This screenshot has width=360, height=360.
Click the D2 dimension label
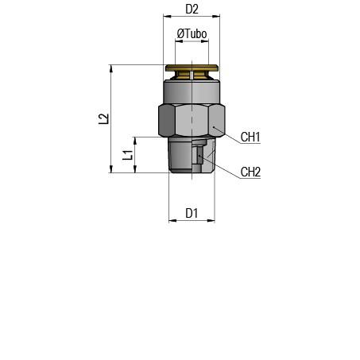192,10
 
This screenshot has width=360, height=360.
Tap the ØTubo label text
192,33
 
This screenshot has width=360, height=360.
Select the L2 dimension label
103,118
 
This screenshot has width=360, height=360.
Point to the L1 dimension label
128,155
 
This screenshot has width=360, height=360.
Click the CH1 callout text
250,137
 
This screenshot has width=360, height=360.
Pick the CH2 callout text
250,172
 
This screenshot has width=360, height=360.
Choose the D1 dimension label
192,213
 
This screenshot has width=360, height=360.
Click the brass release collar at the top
192,72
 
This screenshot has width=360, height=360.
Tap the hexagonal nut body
192,120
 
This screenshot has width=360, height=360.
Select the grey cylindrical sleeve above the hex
192,91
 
